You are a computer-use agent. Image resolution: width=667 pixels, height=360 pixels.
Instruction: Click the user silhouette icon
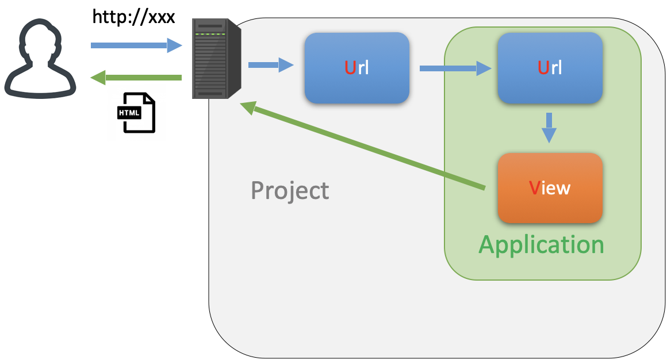[x=40, y=59]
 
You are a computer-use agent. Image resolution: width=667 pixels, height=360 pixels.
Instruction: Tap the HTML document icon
[x=136, y=113]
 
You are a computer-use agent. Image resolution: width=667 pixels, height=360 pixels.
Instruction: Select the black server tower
[x=216, y=59]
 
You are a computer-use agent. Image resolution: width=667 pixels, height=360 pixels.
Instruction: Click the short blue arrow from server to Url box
[x=271, y=65]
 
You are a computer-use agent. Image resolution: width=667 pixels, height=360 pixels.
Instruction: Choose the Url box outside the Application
[x=357, y=68]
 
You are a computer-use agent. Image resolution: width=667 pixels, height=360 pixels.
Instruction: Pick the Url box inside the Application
[x=550, y=68]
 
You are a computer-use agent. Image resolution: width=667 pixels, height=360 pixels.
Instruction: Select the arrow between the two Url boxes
[x=455, y=68]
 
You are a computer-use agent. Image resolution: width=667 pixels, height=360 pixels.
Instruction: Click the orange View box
[x=550, y=188]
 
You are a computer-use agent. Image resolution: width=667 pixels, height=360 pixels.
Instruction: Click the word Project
[x=290, y=190]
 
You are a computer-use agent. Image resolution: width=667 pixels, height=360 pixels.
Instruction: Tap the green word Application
[x=541, y=244]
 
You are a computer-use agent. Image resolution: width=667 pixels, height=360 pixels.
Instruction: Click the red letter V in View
[x=535, y=188]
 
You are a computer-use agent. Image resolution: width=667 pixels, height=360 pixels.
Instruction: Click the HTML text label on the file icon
[x=129, y=113]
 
